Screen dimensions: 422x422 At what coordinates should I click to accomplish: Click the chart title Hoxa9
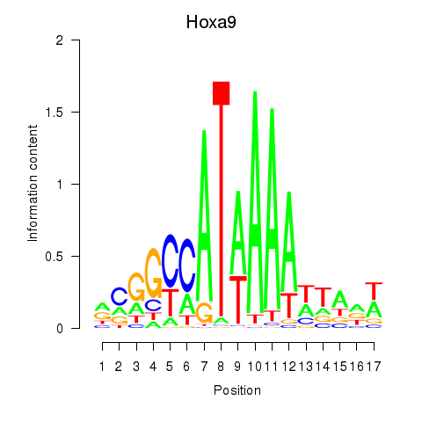(x=221, y=20)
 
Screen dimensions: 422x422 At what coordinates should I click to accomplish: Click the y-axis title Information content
(x=33, y=184)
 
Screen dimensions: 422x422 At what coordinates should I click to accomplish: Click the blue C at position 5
(x=171, y=260)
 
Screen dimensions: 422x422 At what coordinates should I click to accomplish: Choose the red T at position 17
(x=374, y=291)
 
